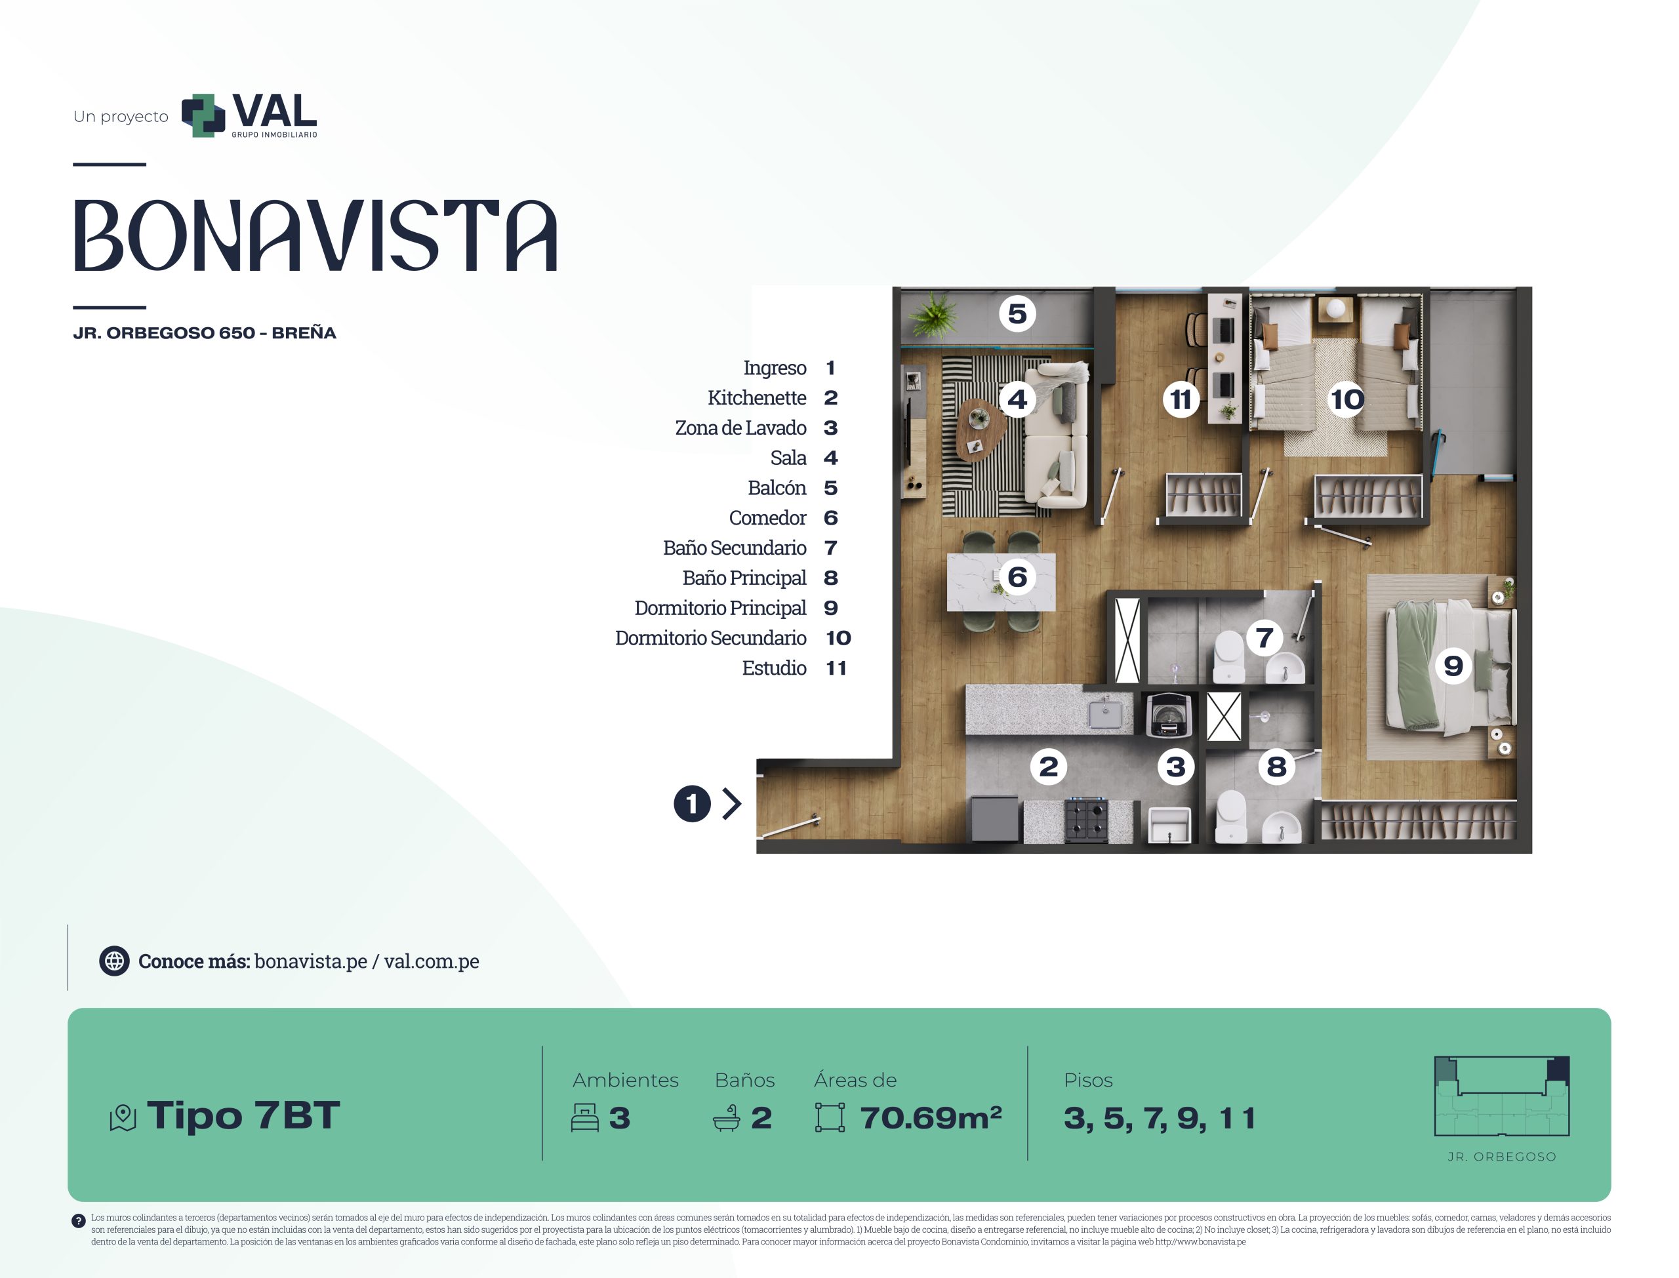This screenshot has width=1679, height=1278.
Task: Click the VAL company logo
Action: (249, 115)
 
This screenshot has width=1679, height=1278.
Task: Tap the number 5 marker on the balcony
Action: (1017, 313)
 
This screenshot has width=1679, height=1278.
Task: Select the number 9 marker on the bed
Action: (1453, 666)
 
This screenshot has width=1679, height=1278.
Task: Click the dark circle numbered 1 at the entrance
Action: (691, 803)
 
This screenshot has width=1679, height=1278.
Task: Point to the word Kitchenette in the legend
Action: (756, 397)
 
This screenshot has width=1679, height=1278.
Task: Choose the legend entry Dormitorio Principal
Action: (719, 608)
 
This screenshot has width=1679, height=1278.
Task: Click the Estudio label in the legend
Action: (774, 668)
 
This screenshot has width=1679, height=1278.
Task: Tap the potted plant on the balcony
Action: (933, 313)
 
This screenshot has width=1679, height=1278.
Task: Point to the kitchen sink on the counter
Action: (1104, 713)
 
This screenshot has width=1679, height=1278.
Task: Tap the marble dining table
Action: (1000, 582)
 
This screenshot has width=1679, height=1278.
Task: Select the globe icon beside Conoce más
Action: (114, 961)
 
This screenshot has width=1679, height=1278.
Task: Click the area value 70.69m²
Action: (931, 1117)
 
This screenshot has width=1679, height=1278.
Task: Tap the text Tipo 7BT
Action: (243, 1115)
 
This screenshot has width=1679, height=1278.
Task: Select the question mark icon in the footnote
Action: (78, 1221)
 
